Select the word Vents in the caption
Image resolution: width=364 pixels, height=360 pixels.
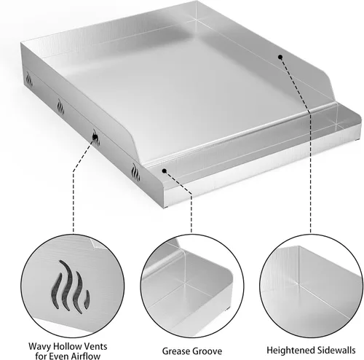(x=95, y=346)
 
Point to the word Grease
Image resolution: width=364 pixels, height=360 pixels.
(x=175, y=351)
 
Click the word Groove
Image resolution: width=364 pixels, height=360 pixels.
(x=207, y=351)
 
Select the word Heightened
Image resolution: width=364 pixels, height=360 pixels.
(x=288, y=350)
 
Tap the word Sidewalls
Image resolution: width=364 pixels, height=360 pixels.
(x=333, y=350)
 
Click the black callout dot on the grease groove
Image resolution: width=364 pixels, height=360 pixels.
(x=165, y=171)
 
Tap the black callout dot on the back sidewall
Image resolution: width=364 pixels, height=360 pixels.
(x=280, y=57)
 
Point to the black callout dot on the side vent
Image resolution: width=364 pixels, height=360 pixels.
(x=95, y=137)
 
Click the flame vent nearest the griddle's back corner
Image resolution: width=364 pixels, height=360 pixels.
(x=29, y=79)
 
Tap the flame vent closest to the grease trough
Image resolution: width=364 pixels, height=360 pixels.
(x=135, y=172)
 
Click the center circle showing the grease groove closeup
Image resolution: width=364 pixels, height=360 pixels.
(x=192, y=286)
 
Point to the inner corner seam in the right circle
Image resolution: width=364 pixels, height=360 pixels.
(x=299, y=283)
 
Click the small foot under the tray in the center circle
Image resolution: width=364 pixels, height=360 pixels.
(x=227, y=310)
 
